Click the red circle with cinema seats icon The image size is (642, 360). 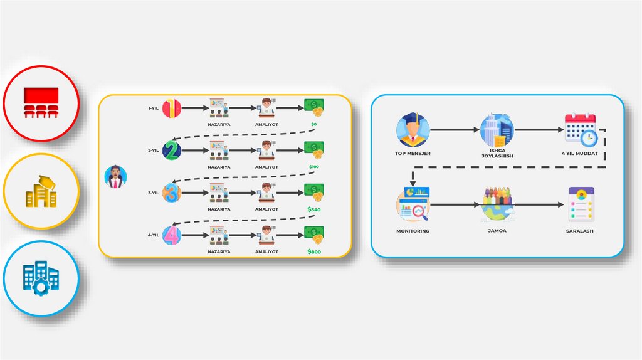tap(41, 103)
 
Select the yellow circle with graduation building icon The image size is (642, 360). tap(41, 191)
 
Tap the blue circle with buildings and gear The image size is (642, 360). tap(41, 278)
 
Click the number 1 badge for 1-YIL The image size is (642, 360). tap(172, 109)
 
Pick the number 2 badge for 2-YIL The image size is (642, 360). tap(172, 151)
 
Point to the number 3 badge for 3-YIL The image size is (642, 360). tap(172, 193)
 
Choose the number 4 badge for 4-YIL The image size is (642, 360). tap(172, 235)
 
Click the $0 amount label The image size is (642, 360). tap(313, 125)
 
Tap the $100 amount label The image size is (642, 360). tap(313, 167)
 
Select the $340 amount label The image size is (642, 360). tap(313, 209)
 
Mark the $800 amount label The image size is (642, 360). tap(313, 251)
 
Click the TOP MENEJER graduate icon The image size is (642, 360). tap(411, 129)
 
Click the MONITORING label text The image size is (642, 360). tap(413, 231)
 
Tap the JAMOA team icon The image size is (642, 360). tap(497, 204)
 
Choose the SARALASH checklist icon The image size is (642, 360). tap(580, 204)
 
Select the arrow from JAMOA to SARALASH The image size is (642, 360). tap(539, 204)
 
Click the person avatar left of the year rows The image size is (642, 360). tap(115, 176)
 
